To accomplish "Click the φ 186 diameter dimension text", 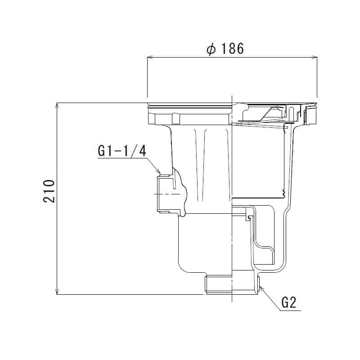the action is pos(225,49).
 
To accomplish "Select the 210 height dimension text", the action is pos(49,191).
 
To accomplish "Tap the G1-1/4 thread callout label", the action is pos(122,151).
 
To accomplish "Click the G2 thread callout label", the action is pos(289,302).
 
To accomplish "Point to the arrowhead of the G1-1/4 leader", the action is pos(159,171).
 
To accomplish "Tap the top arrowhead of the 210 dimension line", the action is pos(57,105).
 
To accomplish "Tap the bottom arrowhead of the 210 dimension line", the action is pos(57,292).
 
